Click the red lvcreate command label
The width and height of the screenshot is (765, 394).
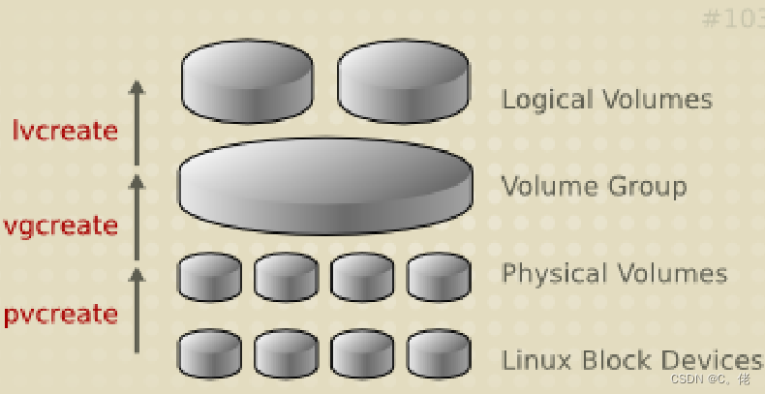point(65,129)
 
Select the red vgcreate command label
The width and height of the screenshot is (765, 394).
point(60,226)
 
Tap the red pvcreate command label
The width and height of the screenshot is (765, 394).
point(60,314)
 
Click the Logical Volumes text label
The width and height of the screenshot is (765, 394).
point(607,99)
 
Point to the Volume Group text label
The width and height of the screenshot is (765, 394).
point(594,185)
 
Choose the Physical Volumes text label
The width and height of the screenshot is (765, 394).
point(614,273)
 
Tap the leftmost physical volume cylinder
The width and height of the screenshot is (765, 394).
point(209,276)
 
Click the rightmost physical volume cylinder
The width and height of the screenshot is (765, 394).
point(439,276)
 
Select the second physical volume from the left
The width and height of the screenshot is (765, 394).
point(286,276)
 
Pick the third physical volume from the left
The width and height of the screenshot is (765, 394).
point(362,276)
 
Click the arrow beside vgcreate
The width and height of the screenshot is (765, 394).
point(137,215)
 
